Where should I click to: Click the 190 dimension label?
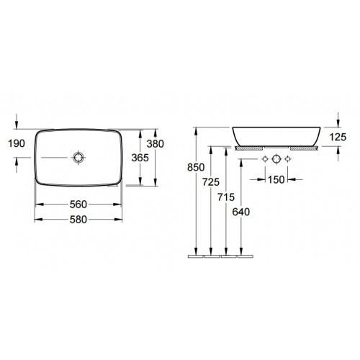point(17,143)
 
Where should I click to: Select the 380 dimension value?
point(156,144)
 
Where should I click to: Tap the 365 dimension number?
point(140,158)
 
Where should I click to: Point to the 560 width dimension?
point(78,204)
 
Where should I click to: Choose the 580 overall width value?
point(78,220)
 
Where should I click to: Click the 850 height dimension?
point(196,167)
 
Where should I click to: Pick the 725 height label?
point(211,182)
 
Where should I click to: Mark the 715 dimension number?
point(226,197)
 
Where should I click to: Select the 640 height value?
point(241,212)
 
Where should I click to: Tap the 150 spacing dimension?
point(276,179)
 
